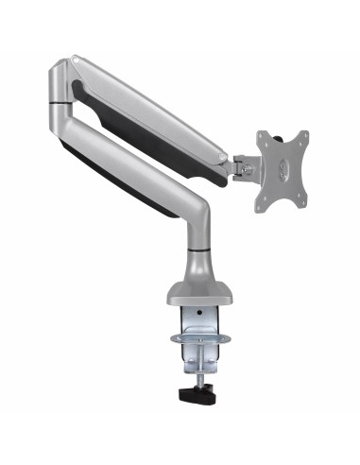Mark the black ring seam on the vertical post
[199, 249]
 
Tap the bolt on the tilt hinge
[248, 168]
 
